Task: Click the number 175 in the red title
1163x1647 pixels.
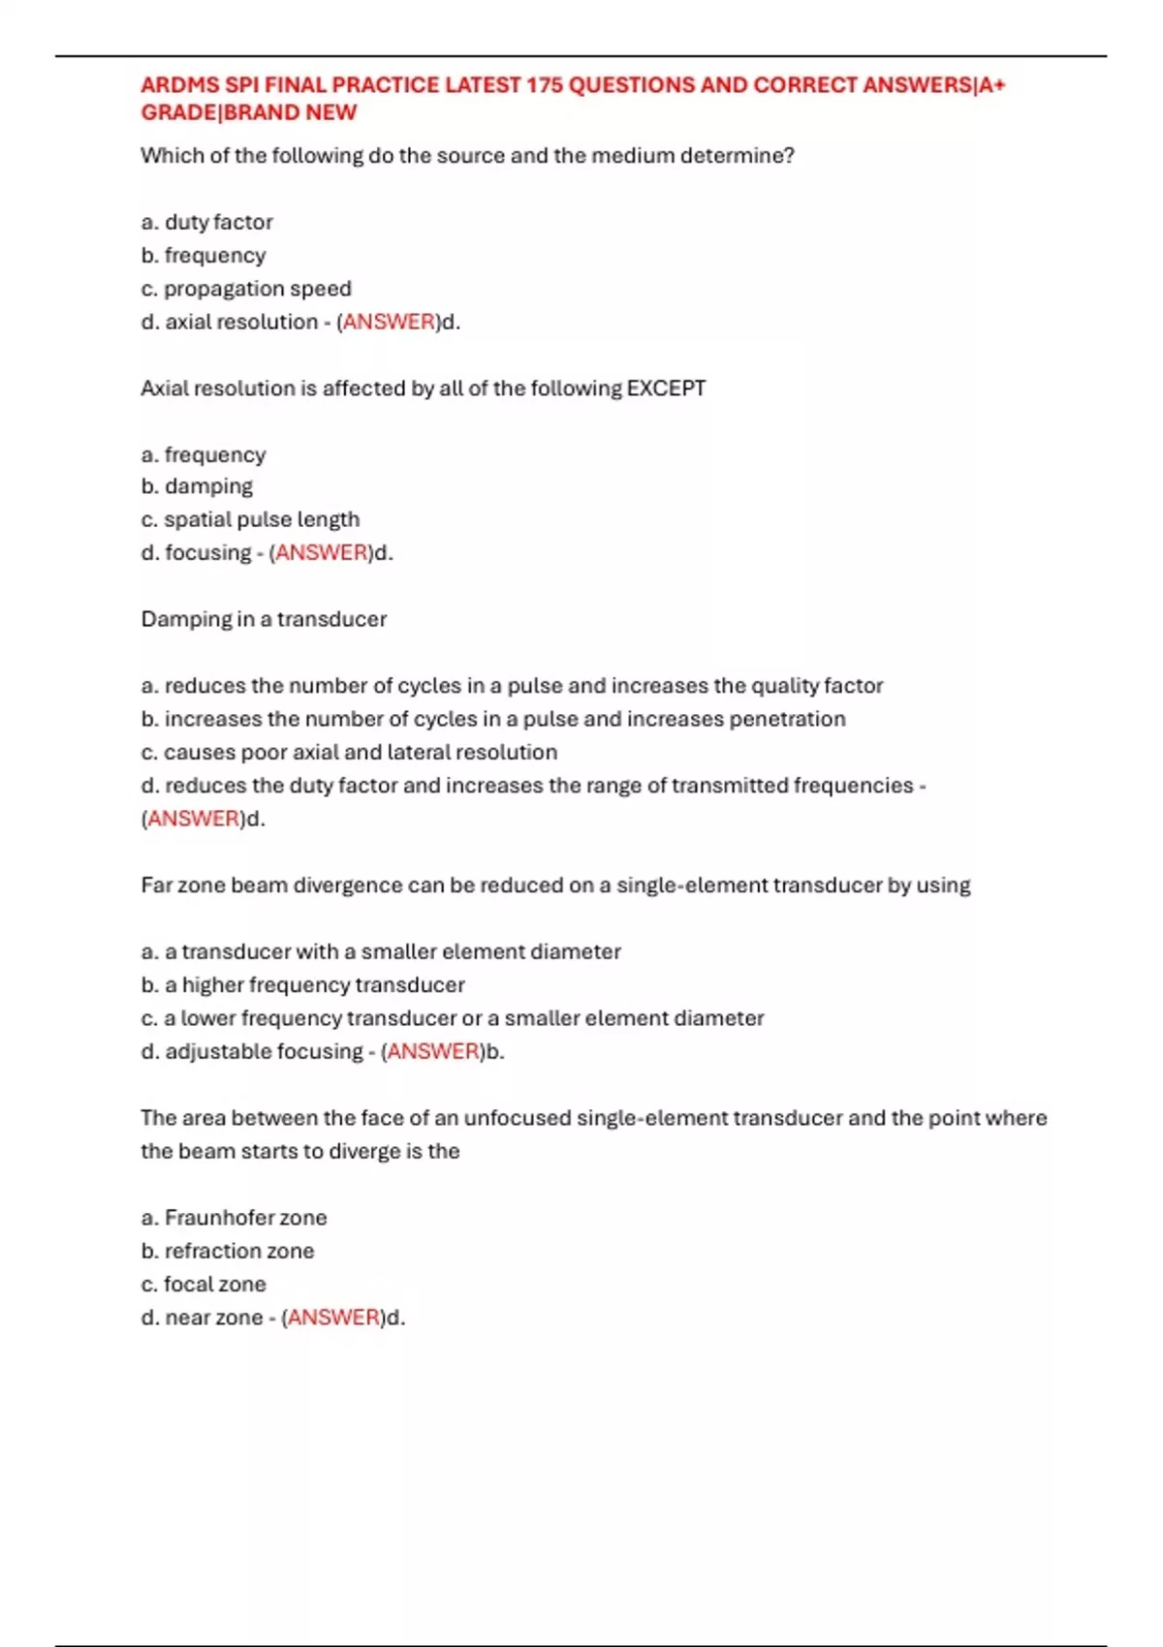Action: coord(544,85)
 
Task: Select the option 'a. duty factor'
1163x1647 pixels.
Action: coord(206,222)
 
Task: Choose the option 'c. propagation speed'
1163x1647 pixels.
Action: coord(246,289)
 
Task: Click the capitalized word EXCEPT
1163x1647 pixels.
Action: coord(666,388)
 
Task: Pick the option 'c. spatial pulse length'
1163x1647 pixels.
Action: coord(250,519)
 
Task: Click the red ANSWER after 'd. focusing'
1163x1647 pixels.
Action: coord(322,553)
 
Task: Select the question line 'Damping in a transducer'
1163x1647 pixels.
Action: coord(264,619)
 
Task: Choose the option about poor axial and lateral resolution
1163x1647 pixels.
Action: coord(349,752)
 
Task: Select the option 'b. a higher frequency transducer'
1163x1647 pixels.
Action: coord(302,985)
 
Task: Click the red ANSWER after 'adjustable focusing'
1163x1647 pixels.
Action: coord(433,1051)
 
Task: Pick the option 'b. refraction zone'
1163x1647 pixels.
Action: coord(228,1251)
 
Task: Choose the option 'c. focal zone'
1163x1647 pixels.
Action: coord(204,1285)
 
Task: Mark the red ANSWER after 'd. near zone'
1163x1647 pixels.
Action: coord(333,1318)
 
